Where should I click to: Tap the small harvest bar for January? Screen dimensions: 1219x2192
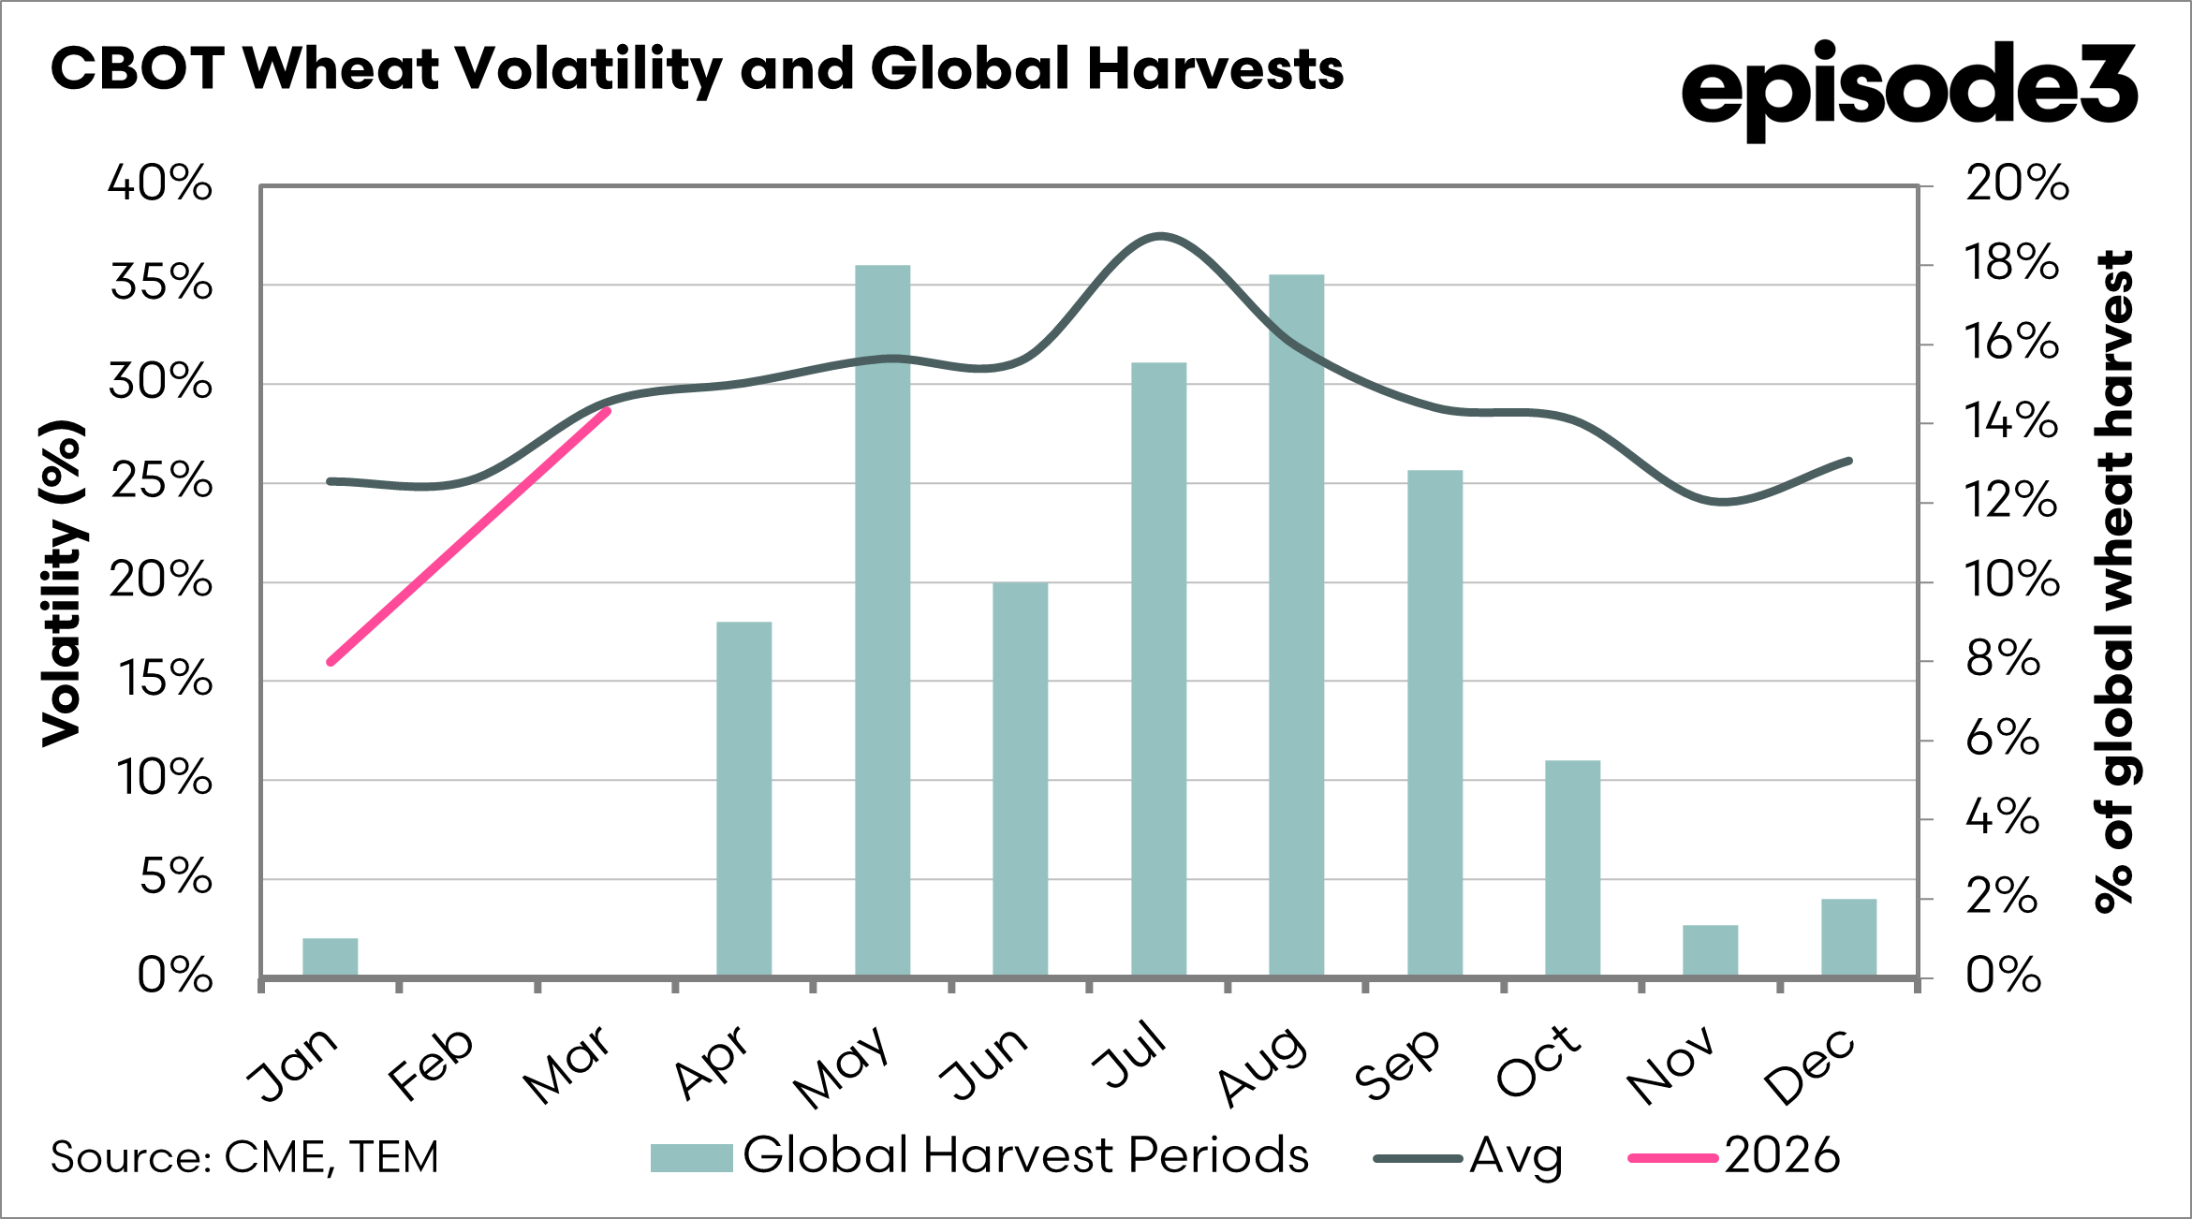click(x=331, y=957)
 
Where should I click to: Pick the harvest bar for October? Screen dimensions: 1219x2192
click(x=1572, y=868)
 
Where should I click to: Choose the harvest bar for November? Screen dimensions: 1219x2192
click(x=1710, y=950)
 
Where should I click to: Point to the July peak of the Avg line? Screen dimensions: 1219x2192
click(x=1160, y=236)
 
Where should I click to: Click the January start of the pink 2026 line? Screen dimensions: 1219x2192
click(x=331, y=662)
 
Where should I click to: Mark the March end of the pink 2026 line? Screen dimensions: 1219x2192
click(x=608, y=411)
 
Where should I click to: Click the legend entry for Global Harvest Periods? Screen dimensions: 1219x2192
click(x=978, y=1156)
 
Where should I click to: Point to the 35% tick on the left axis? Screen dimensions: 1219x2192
click(x=161, y=283)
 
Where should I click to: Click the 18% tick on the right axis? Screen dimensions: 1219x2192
click(x=2011, y=264)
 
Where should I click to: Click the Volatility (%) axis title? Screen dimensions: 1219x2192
click(x=64, y=583)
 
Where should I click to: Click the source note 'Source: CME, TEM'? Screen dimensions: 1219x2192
click(x=244, y=1157)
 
